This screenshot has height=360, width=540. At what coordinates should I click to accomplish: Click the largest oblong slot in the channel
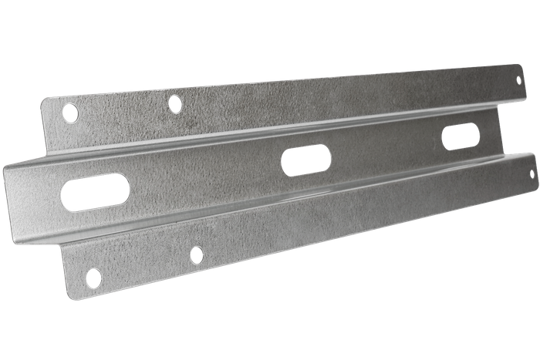click(x=95, y=191)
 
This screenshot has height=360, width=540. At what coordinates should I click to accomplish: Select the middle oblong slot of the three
click(x=306, y=160)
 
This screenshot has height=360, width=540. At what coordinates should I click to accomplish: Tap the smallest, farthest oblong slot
click(x=461, y=136)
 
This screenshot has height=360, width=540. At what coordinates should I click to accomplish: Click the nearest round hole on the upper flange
click(x=70, y=113)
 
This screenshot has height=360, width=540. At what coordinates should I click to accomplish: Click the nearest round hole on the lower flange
click(x=93, y=277)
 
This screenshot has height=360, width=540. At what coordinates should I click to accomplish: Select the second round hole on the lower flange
click(x=197, y=254)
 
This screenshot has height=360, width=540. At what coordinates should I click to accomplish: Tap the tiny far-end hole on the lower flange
click(x=531, y=174)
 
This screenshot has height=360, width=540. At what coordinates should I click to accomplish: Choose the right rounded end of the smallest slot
click(x=474, y=134)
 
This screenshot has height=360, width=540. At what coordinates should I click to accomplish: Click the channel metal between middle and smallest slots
click(x=386, y=150)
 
